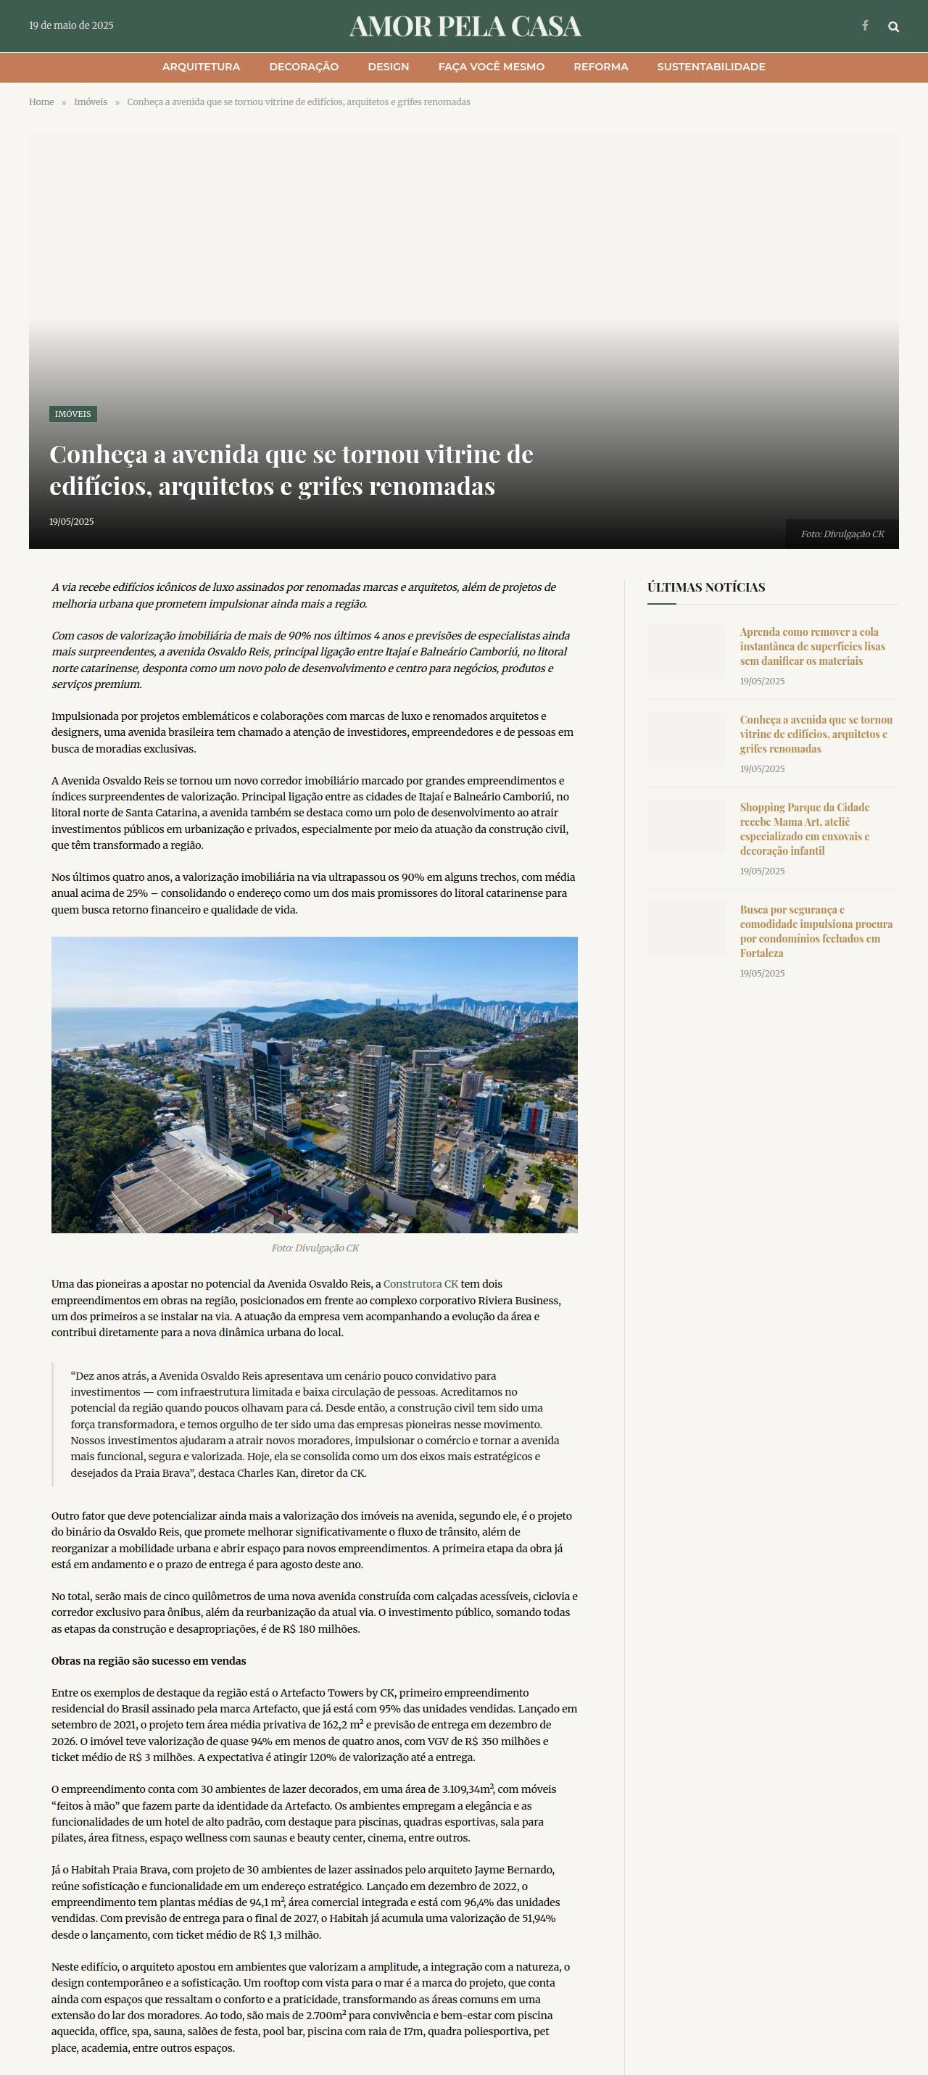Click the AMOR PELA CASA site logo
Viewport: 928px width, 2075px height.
tap(465, 27)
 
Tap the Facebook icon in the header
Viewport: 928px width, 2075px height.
tap(865, 26)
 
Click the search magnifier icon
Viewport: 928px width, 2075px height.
tap(893, 27)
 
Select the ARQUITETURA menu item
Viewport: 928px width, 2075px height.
tap(201, 67)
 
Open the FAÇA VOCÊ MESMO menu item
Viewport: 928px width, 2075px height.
tap(491, 67)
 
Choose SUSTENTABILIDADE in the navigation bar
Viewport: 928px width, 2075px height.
tap(710, 67)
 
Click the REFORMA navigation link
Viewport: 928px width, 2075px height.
tap(600, 67)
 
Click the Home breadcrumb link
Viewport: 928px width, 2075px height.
tap(41, 102)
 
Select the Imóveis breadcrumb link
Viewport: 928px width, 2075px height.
tap(90, 102)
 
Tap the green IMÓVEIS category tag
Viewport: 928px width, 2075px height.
tap(72, 414)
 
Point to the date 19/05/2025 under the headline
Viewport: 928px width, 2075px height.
tap(72, 522)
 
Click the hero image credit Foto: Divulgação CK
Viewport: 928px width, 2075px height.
tap(842, 534)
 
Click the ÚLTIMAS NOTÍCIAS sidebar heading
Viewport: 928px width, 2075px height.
tap(705, 587)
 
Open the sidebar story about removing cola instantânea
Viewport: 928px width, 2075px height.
tap(812, 646)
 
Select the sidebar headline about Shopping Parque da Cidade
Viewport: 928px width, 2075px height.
tap(805, 829)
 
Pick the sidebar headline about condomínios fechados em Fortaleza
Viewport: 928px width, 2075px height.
tap(815, 931)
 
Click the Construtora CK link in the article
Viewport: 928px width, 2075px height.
tap(420, 1284)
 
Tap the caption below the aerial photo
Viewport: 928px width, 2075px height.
tap(315, 1248)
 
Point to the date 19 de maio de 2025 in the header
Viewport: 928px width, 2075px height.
tap(71, 26)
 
